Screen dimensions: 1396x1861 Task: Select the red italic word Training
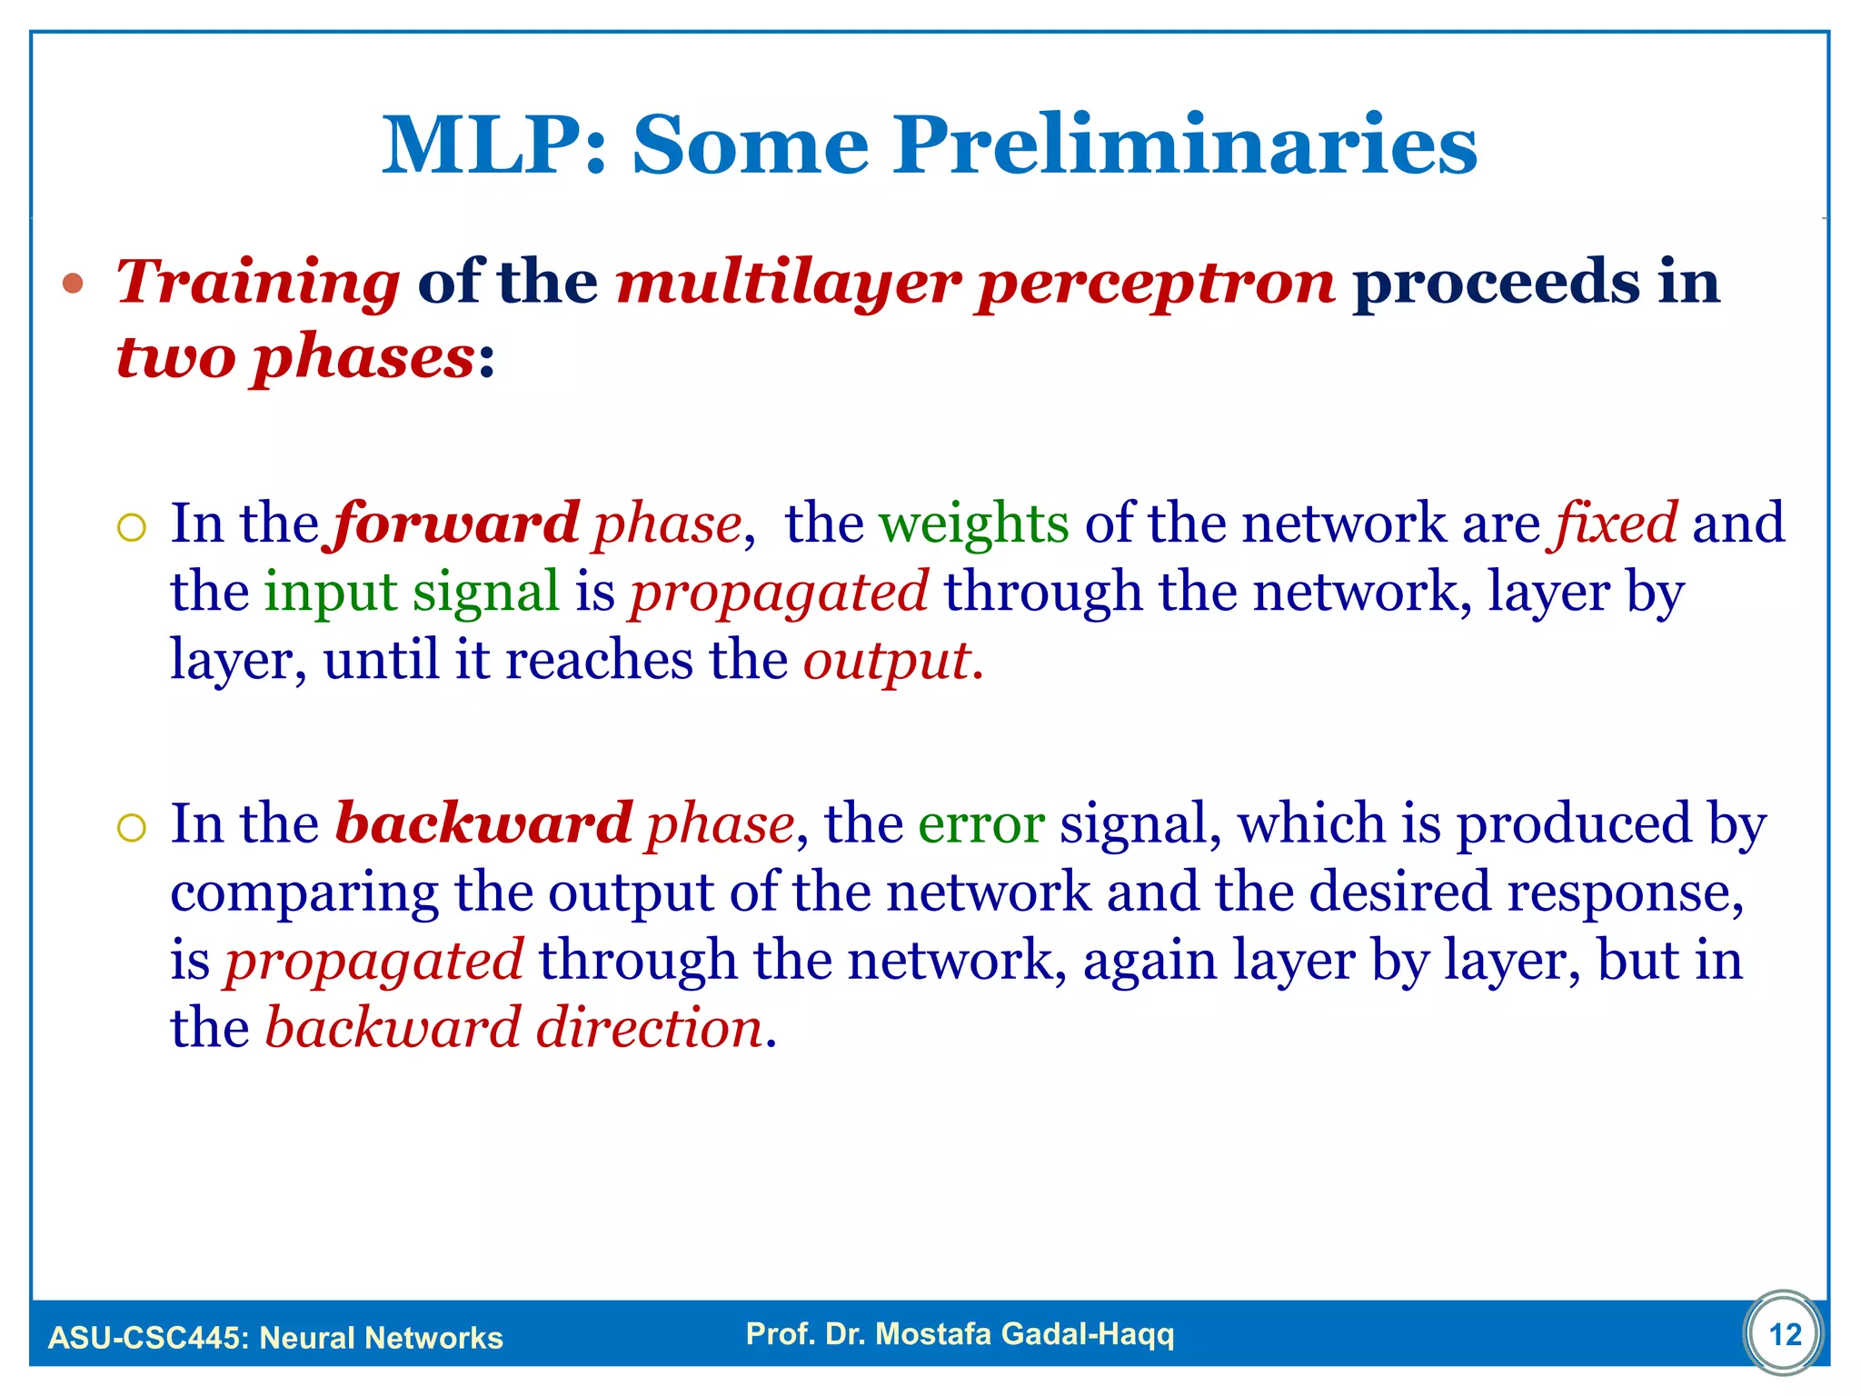tap(258, 284)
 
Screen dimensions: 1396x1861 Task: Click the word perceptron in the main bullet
tap(1156, 284)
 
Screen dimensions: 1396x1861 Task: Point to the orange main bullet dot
tap(74, 284)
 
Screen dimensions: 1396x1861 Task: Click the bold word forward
tap(456, 524)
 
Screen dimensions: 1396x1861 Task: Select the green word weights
tap(973, 524)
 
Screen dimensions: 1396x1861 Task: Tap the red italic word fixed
tap(1617, 524)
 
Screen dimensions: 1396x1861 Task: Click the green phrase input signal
tap(412, 593)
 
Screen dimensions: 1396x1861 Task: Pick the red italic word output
tap(886, 661)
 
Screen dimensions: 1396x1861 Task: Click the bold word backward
tap(483, 824)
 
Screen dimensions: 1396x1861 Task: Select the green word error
tap(981, 824)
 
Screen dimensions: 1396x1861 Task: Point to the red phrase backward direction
tap(513, 1029)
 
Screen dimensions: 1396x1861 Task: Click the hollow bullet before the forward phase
tap(132, 528)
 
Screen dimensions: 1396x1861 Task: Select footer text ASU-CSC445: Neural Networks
tap(275, 1338)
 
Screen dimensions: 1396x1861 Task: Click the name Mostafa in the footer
tap(933, 1333)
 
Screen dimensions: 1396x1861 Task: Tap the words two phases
tap(295, 357)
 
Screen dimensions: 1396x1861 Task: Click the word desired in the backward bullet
tap(1399, 892)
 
